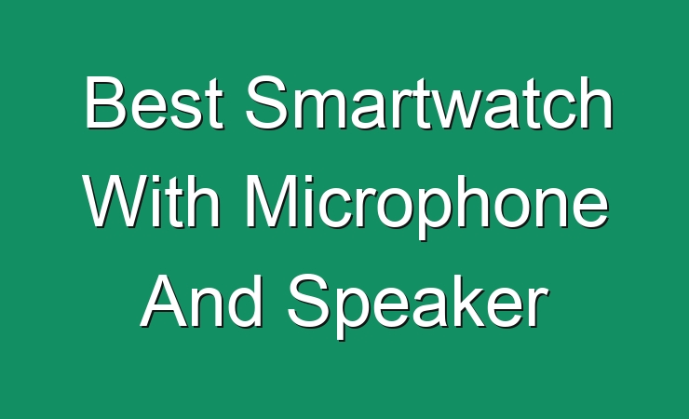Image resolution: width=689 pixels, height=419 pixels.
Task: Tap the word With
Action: (x=152, y=201)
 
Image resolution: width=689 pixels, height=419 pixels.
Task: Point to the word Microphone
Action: (x=426, y=207)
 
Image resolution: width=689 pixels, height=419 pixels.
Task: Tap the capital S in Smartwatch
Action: (x=266, y=102)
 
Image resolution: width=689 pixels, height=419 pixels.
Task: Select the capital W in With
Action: (x=116, y=202)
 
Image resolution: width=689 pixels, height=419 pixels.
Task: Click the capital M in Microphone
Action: (x=271, y=202)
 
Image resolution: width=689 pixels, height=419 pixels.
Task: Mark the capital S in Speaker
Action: (x=309, y=302)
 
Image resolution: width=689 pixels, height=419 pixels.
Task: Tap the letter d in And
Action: (x=247, y=302)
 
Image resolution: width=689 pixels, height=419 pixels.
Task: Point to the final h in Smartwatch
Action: (x=597, y=102)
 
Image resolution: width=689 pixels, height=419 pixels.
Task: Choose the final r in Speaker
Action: (x=538, y=307)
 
